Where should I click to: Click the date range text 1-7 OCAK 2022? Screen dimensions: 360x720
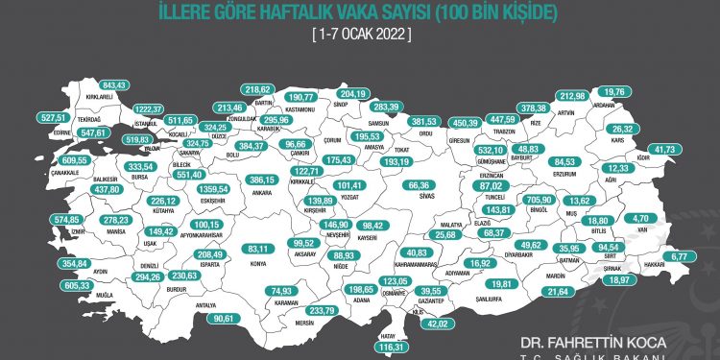coord(360,34)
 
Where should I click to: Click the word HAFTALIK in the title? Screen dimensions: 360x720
coord(283,12)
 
